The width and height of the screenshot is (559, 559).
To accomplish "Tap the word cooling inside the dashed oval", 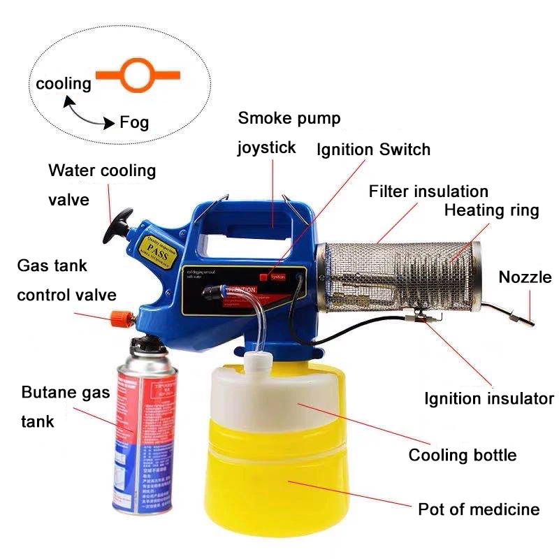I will click(64, 84).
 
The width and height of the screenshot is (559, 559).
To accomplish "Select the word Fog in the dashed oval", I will click(134, 123).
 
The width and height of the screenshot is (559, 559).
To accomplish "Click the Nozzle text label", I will click(525, 277).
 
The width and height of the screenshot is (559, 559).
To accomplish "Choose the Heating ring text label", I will click(492, 210).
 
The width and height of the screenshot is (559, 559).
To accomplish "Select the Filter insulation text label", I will click(428, 191).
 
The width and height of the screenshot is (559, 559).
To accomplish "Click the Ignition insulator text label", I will click(489, 399).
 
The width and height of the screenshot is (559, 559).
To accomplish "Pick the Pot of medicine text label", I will click(479, 509).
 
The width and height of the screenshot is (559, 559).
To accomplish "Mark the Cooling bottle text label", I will click(463, 455).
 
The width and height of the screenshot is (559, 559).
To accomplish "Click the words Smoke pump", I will click(289, 118).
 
